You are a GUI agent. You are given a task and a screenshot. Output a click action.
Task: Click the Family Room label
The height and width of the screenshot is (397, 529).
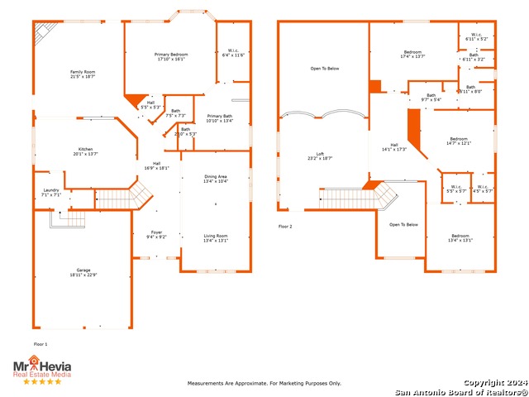pyautogui.click(x=83, y=72)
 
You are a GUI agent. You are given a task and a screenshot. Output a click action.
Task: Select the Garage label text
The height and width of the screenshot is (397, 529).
pyautogui.click(x=83, y=270)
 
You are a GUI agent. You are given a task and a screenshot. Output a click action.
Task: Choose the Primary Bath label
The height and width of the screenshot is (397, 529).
pyautogui.click(x=220, y=116)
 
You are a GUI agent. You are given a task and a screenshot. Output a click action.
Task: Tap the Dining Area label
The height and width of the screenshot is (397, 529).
pyautogui.click(x=216, y=176)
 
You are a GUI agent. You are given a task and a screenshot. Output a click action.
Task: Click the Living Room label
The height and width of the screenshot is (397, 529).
pyautogui.click(x=216, y=237)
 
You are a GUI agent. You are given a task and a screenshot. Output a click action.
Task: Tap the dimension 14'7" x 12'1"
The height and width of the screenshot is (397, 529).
pyautogui.click(x=459, y=143)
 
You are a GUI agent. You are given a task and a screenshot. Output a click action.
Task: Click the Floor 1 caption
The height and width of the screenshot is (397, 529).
pyautogui.click(x=41, y=343)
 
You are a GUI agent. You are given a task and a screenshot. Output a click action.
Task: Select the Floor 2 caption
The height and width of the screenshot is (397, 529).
pyautogui.click(x=285, y=225)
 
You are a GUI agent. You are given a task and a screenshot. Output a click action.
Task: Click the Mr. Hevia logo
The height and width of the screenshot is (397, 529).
pyautogui.click(x=41, y=366)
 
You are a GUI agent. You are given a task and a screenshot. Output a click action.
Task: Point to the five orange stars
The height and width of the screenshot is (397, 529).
pyautogui.click(x=41, y=381)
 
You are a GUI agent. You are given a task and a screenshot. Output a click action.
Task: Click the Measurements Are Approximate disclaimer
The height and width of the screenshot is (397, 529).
pyautogui.click(x=264, y=383)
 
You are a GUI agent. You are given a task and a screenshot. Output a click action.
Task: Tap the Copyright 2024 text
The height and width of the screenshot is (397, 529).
pyautogui.click(x=493, y=383)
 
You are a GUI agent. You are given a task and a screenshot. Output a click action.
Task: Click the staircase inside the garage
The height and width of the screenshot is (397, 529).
pyautogui.click(x=66, y=218)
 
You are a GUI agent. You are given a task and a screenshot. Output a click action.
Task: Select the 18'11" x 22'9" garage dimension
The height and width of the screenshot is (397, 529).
pyautogui.click(x=83, y=275)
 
